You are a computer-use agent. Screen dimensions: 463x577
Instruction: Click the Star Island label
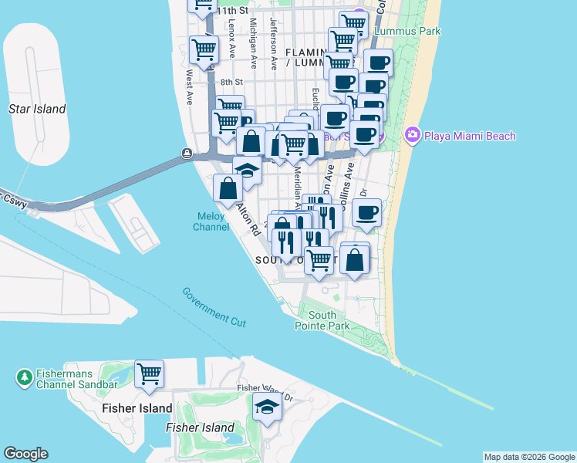[x=36, y=109]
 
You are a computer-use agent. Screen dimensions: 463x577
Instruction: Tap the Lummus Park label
[x=407, y=32]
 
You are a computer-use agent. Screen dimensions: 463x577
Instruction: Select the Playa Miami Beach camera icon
[x=413, y=136]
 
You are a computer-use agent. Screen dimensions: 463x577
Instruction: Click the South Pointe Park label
[x=322, y=320]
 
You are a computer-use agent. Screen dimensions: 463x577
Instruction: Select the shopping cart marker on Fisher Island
[x=150, y=374]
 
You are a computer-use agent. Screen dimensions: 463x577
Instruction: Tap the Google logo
[x=25, y=454]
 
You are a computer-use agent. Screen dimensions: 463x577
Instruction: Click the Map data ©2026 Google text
[x=529, y=457]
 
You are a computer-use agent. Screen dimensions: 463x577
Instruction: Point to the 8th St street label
[x=231, y=82]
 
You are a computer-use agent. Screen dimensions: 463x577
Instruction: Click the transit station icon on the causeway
[x=187, y=154]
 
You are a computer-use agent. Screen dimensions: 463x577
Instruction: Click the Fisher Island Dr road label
[x=267, y=392]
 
